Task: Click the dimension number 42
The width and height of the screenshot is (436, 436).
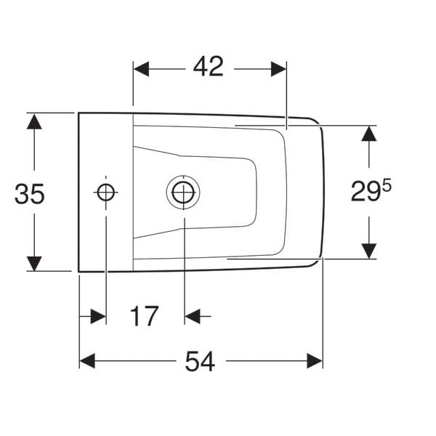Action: [209, 66]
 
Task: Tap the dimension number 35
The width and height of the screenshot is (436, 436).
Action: [30, 194]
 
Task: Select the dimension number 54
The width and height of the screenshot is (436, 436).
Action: [200, 361]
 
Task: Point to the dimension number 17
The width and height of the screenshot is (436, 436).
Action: [144, 316]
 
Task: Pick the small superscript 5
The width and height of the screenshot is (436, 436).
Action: [387, 185]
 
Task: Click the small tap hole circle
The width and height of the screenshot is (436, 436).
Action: [105, 192]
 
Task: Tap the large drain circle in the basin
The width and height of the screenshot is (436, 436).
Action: [183, 193]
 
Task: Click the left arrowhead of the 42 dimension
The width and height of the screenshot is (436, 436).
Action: [141, 69]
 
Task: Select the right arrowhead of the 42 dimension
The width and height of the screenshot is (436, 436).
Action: [278, 69]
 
